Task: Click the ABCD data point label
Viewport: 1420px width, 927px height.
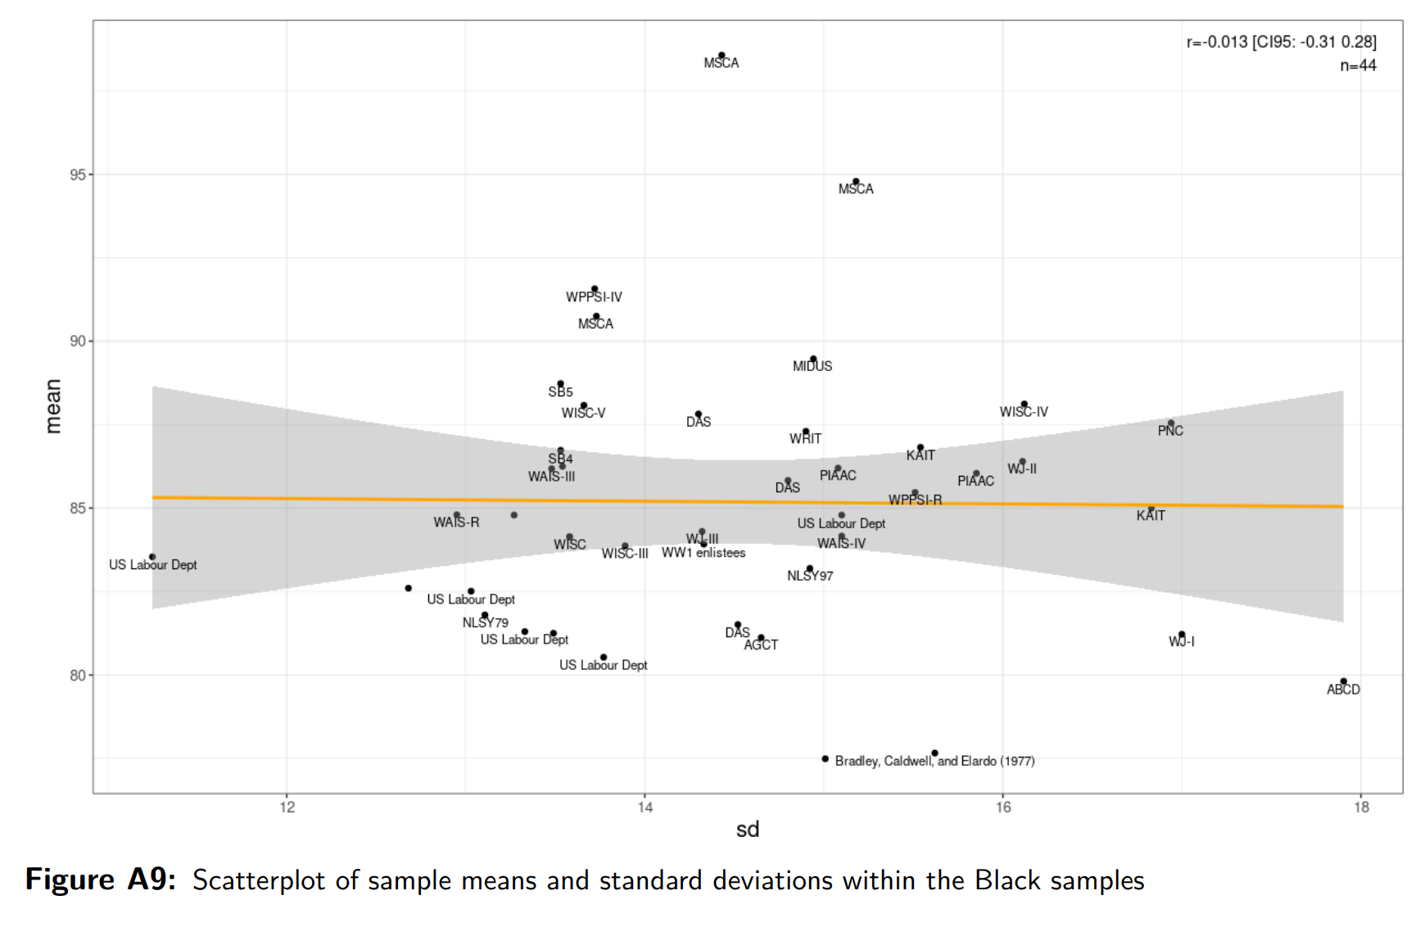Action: point(1343,690)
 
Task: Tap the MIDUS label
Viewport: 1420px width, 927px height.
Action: point(812,366)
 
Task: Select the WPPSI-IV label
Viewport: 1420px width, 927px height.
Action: point(594,297)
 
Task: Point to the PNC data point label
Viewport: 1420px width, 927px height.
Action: point(1170,431)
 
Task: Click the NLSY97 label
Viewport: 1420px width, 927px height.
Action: point(810,576)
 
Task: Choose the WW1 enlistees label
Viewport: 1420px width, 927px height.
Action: point(703,553)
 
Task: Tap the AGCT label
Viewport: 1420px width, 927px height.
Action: point(761,645)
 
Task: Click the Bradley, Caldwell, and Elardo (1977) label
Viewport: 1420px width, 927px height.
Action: point(934,761)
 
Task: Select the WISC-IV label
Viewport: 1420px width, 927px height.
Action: point(1024,412)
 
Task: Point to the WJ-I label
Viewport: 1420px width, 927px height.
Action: point(1181,641)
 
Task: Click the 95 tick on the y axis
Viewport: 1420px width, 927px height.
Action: point(78,174)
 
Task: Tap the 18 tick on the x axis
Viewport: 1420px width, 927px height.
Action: point(1361,807)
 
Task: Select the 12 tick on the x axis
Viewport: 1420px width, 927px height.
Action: point(287,807)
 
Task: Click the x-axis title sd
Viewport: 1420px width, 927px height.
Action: point(748,830)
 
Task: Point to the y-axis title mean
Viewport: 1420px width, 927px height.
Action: point(53,406)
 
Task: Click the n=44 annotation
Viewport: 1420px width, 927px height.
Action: point(1358,66)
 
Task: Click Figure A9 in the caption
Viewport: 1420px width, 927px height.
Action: point(100,880)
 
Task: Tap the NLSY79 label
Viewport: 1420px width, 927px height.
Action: point(485,623)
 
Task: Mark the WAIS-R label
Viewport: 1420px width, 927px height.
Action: point(456,522)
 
